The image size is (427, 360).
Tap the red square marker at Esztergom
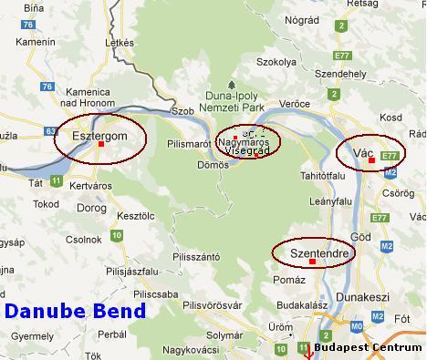(100, 144)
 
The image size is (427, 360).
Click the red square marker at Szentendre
(312, 262)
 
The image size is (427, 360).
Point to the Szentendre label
(312, 251)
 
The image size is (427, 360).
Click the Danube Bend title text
(75, 311)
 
